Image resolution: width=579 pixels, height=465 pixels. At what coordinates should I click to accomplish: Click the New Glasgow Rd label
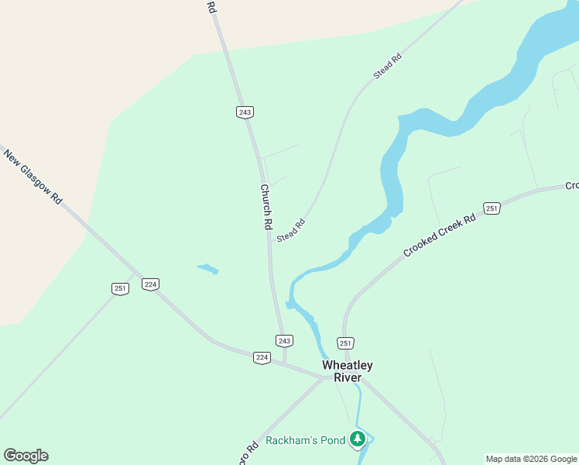pyautogui.click(x=33, y=177)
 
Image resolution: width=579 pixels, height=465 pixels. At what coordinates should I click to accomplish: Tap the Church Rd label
pyautogui.click(x=266, y=206)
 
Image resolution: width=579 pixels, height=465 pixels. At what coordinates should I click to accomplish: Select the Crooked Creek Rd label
pyautogui.click(x=438, y=237)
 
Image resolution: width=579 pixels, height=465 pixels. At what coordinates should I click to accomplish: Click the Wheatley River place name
pyautogui.click(x=348, y=371)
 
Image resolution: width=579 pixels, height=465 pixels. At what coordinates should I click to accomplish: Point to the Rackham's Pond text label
pyautogui.click(x=305, y=441)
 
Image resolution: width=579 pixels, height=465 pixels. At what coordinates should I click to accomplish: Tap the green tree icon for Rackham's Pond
pyautogui.click(x=357, y=440)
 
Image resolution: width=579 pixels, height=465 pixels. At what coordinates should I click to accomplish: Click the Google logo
pyautogui.click(x=26, y=456)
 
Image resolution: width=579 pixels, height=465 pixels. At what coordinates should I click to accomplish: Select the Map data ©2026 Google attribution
pyautogui.click(x=531, y=459)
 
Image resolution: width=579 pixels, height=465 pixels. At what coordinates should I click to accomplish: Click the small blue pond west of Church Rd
pyautogui.click(x=207, y=269)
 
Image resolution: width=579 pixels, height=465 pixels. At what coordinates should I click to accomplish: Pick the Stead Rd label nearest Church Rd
pyautogui.click(x=291, y=231)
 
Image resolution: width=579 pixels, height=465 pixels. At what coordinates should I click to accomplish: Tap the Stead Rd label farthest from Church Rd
pyautogui.click(x=388, y=66)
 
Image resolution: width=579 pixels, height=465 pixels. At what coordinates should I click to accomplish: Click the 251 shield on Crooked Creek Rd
pyautogui.click(x=492, y=208)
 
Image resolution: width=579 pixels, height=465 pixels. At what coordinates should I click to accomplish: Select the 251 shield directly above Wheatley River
pyautogui.click(x=345, y=343)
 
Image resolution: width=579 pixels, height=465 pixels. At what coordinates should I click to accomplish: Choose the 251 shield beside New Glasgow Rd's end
pyautogui.click(x=120, y=288)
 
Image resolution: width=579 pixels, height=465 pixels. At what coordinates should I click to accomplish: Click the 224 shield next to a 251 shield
pyautogui.click(x=150, y=284)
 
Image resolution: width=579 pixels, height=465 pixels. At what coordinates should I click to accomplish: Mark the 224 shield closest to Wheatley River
pyautogui.click(x=262, y=357)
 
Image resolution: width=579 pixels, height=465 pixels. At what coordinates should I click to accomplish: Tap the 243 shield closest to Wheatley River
pyautogui.click(x=284, y=341)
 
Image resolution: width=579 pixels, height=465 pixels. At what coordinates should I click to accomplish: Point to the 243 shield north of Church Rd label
pyautogui.click(x=245, y=112)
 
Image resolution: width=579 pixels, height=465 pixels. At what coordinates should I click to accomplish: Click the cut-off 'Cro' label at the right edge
pyautogui.click(x=571, y=186)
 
